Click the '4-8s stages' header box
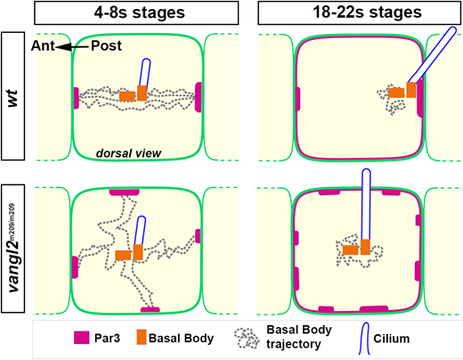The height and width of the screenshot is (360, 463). (x=136, y=12)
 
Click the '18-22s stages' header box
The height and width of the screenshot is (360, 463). (x=360, y=12)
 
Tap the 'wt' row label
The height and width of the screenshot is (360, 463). (x=13, y=96)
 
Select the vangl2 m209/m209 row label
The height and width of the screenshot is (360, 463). (x=13, y=249)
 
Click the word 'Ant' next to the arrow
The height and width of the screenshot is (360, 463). (x=43, y=46)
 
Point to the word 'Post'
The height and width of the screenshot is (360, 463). (x=106, y=46)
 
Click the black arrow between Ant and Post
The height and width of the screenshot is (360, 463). (x=72, y=46)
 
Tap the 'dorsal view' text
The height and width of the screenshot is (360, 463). (x=128, y=153)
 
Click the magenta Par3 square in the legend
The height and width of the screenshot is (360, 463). (x=82, y=338)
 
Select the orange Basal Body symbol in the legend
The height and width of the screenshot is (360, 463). (x=142, y=337)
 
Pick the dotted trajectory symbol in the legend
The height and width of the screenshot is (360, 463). (x=247, y=339)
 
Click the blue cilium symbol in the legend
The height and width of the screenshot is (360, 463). (x=364, y=339)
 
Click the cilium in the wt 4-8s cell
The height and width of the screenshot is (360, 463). (x=145, y=72)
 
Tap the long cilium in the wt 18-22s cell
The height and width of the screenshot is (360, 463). (x=433, y=54)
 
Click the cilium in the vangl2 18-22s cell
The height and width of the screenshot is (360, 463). (x=366, y=204)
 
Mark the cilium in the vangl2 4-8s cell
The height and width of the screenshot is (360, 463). (x=140, y=231)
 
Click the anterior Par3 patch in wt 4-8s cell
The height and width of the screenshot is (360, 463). (x=76, y=98)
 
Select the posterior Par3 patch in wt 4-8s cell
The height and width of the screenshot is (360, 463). (x=199, y=97)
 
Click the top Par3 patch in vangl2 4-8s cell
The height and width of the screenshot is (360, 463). (x=125, y=192)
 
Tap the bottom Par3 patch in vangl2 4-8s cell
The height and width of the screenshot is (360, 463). (x=150, y=310)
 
